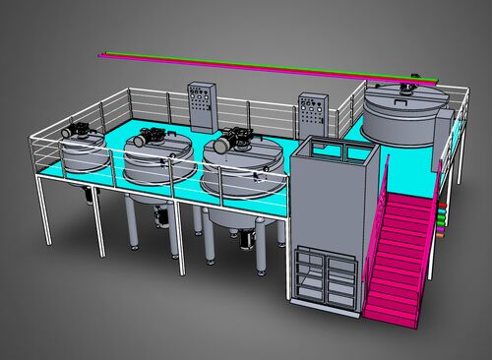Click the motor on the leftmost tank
pyautogui.click(x=73, y=130)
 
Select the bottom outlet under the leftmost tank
pyautogui.click(x=92, y=195)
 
